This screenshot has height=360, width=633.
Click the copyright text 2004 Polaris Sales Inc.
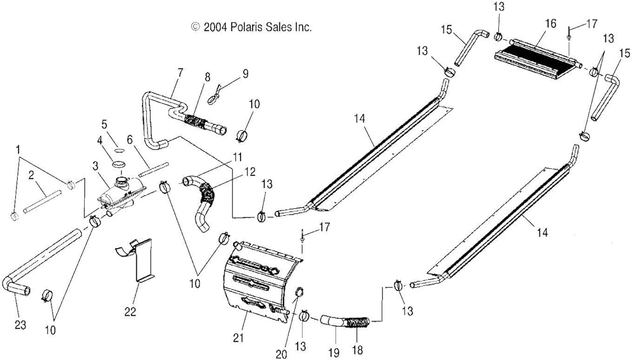point(251,27)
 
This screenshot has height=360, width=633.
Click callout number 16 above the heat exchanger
point(550,23)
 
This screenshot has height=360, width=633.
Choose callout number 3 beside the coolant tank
point(95,166)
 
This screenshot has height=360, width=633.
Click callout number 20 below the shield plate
point(281,353)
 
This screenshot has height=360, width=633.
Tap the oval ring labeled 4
point(118,164)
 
